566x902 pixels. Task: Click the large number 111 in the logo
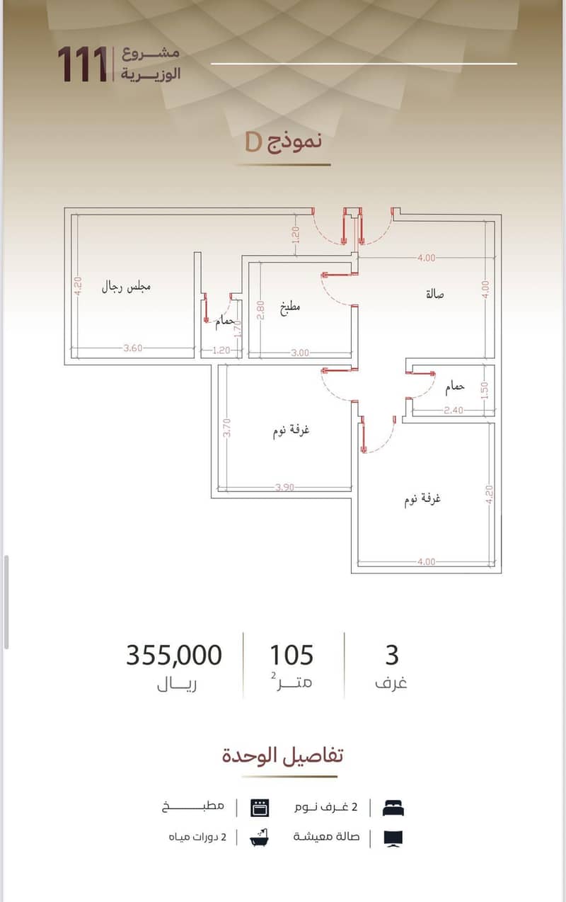click(83, 64)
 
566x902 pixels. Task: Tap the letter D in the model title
click(254, 142)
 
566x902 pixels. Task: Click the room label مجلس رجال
click(126, 287)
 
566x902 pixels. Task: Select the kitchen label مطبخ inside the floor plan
click(290, 308)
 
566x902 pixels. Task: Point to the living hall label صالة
click(435, 294)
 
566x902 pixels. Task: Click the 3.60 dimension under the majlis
click(133, 348)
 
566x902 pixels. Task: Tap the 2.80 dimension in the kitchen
click(260, 310)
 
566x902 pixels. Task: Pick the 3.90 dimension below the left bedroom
click(285, 487)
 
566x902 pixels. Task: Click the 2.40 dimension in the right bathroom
click(454, 411)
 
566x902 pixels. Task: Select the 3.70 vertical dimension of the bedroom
click(227, 428)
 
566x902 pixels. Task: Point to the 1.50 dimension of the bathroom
click(485, 391)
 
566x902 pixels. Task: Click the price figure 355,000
click(174, 655)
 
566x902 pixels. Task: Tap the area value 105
click(291, 655)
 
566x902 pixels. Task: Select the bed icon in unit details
click(393, 808)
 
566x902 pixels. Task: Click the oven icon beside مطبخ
click(260, 808)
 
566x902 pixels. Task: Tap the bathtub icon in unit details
click(260, 838)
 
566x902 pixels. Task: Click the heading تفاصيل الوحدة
click(283, 755)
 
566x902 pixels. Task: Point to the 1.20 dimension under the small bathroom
click(221, 350)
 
